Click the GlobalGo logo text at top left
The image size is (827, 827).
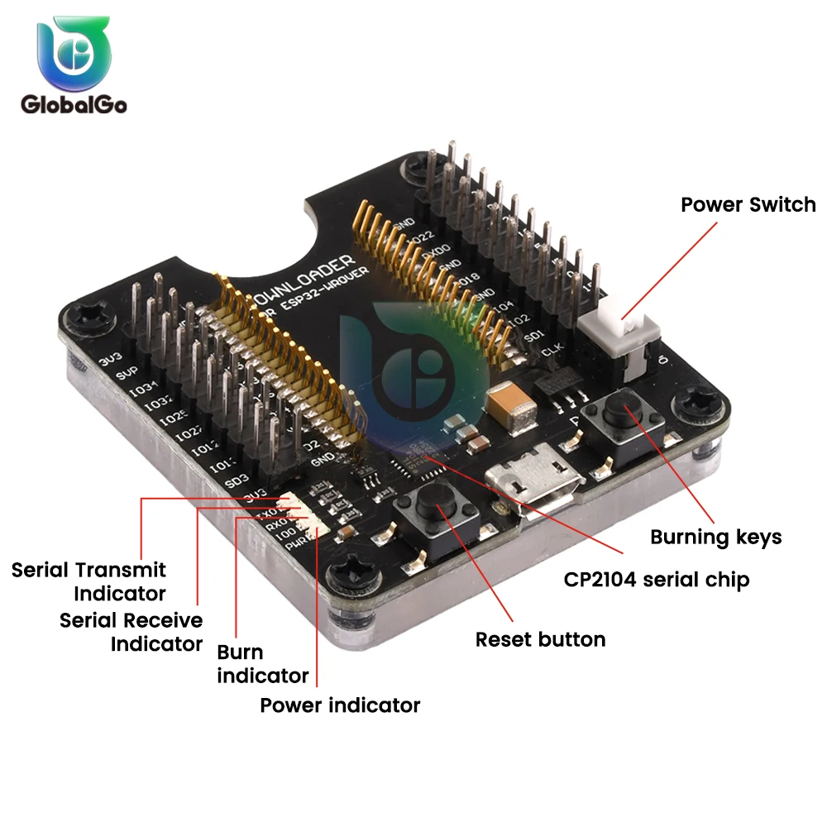74,105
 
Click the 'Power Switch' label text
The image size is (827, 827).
748,204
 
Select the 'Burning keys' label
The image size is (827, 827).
715,537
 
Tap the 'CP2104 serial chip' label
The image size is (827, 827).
657,579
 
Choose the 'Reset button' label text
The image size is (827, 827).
540,639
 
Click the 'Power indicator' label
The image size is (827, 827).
340,705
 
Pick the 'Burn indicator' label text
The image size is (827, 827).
262,663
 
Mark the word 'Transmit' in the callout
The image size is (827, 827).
121,570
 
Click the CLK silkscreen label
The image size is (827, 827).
552,351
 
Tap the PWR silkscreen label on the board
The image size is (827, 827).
296,547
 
